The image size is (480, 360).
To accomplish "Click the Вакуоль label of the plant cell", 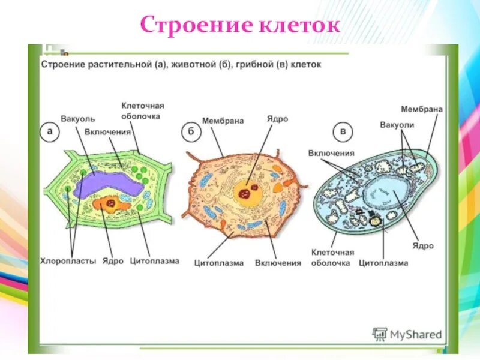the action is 78,119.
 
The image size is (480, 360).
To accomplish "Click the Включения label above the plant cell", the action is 107,131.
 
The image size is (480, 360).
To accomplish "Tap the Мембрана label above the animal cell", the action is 223,121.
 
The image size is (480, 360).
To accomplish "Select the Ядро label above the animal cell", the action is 277,119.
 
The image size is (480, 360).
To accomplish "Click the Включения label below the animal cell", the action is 277,263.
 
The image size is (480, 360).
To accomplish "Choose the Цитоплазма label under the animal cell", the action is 218,263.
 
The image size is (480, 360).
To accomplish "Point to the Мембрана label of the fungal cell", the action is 422,109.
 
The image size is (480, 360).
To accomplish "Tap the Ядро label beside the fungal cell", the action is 423,246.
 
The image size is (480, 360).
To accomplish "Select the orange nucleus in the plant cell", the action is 112,204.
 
